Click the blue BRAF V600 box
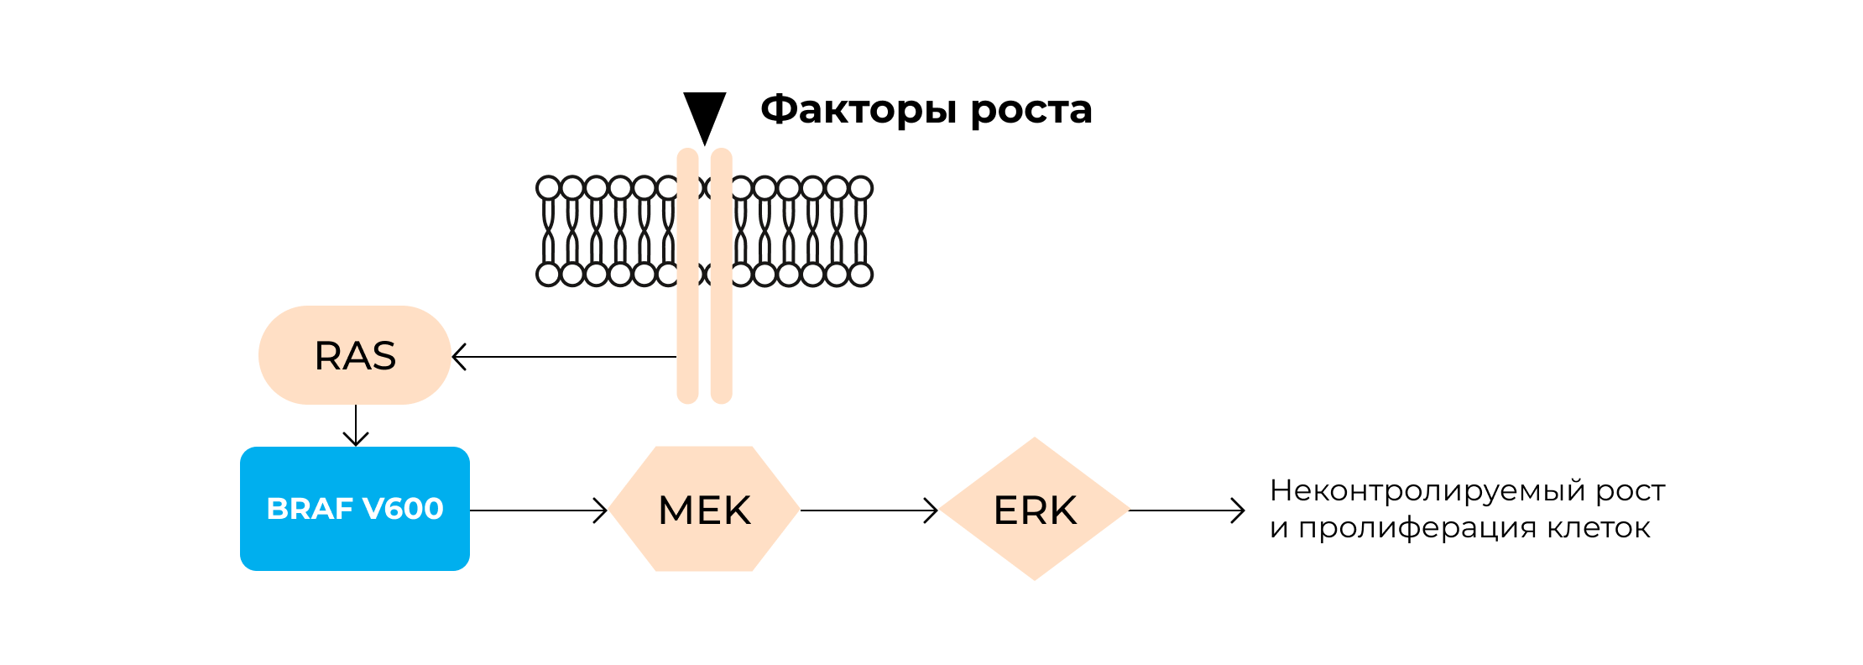(x=354, y=537)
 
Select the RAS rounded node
(x=354, y=355)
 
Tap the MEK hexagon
(x=704, y=510)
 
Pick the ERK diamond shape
(x=1034, y=510)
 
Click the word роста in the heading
(x=1031, y=110)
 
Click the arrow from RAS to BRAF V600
(x=356, y=426)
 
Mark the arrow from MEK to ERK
(x=869, y=511)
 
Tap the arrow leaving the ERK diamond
(x=1187, y=511)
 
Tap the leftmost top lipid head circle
(x=548, y=187)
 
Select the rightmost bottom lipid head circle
(x=861, y=275)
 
